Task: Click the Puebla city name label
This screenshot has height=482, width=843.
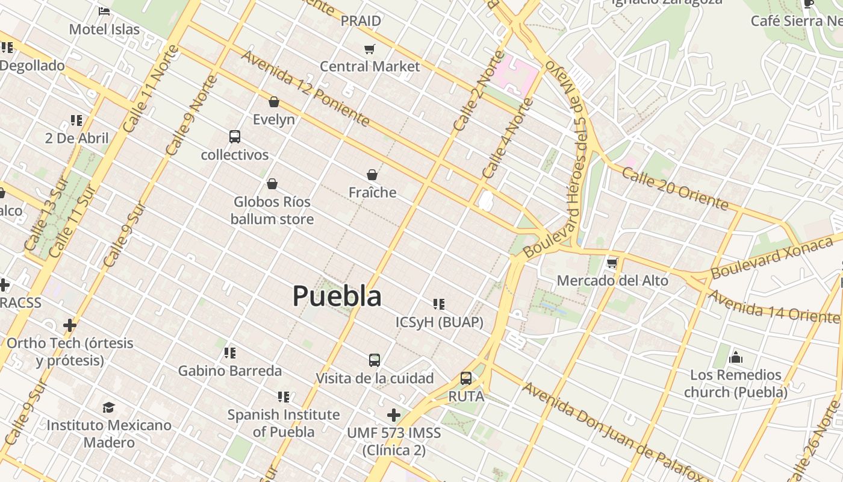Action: tap(337, 296)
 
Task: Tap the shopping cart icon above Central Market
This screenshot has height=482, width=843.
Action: tap(369, 49)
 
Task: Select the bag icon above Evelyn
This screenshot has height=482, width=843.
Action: tap(274, 102)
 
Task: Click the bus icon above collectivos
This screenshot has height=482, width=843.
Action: tap(235, 137)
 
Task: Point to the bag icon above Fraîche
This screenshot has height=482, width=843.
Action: tap(372, 175)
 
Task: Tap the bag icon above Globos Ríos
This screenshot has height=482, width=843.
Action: tap(272, 183)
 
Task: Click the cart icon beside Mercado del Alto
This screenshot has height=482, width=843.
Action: tap(612, 263)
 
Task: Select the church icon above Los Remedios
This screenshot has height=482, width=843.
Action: tap(735, 357)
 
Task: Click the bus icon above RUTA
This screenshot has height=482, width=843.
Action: tap(466, 378)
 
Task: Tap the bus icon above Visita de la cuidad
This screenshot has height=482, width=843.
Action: tap(375, 360)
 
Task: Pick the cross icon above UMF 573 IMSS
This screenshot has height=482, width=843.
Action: tap(394, 415)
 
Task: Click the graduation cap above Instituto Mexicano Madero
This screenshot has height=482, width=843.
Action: tap(108, 407)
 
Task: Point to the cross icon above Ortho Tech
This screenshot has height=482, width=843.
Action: tap(70, 325)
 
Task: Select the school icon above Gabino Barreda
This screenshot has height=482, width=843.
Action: tap(229, 352)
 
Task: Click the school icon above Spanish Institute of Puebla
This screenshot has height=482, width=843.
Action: tap(283, 396)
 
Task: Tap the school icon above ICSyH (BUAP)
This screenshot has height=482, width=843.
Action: tap(439, 304)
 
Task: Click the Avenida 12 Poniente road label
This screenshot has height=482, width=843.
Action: tap(305, 88)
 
